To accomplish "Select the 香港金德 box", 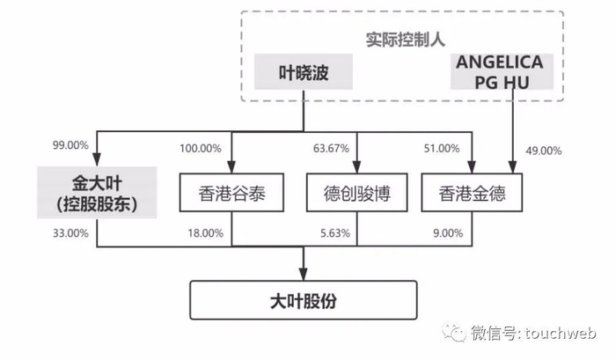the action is click(x=475, y=194).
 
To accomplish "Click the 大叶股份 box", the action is click(x=304, y=302).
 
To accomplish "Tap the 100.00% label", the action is click(x=201, y=151).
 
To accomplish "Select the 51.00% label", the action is click(x=444, y=151).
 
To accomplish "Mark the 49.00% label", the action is click(x=543, y=151).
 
